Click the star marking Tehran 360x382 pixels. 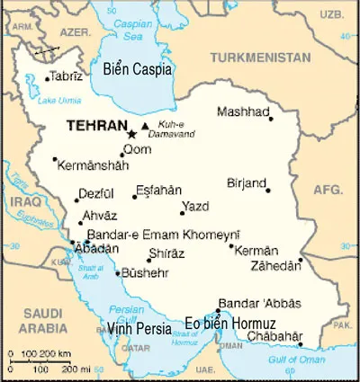point(133,134)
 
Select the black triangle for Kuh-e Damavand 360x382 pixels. point(145,125)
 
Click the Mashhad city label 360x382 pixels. point(243,111)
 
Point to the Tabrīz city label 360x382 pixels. point(66,76)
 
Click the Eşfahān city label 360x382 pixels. point(158,190)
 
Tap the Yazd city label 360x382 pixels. point(195,206)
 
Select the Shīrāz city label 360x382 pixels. point(166,253)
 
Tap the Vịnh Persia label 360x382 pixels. point(139,328)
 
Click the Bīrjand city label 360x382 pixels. point(247,182)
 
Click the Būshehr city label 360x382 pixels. point(143,271)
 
